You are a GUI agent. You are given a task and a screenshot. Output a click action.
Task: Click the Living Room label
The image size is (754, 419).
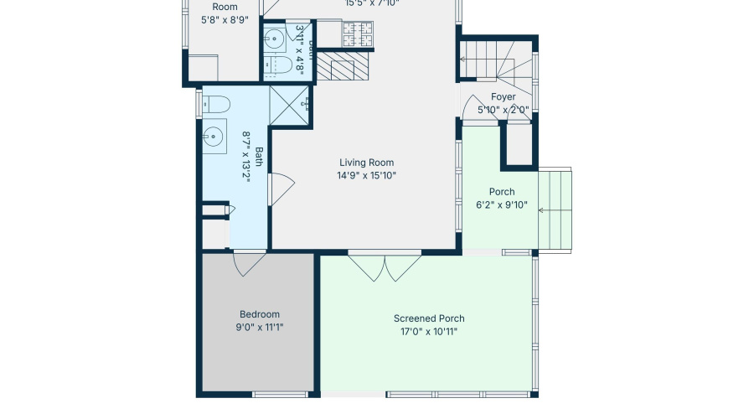[366, 163]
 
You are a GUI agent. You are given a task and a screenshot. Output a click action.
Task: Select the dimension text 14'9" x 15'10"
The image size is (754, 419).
[366, 176]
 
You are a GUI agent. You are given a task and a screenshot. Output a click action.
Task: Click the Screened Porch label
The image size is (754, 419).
[429, 318]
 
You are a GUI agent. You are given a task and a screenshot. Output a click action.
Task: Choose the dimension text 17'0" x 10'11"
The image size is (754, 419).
[429, 332]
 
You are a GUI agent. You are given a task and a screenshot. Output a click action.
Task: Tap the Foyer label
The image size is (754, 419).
[503, 96]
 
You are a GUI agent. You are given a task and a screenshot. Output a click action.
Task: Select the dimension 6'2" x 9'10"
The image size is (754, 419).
[502, 205]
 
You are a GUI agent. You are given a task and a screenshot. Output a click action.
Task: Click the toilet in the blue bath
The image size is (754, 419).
[217, 105]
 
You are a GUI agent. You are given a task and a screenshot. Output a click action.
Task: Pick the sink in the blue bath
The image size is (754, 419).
[213, 134]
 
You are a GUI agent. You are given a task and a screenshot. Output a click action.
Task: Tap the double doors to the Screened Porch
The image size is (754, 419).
[385, 266]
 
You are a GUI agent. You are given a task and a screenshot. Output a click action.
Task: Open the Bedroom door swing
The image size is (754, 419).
[249, 264]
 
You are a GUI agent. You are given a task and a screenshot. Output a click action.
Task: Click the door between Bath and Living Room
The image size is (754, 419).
[281, 189]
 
